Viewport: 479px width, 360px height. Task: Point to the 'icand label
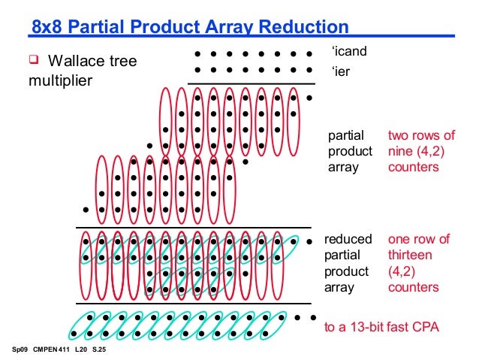(347, 53)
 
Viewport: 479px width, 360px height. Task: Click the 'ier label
(340, 73)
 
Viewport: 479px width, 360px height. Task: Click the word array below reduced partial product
(339, 287)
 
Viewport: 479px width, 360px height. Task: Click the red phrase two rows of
(421, 135)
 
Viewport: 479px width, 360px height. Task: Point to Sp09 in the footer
(20, 351)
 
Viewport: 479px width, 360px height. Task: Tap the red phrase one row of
(418, 240)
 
